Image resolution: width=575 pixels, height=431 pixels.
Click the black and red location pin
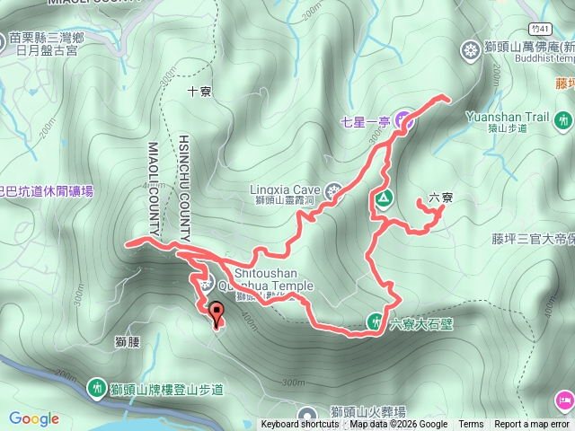point(217,313)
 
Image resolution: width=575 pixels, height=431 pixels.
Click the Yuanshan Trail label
point(508,117)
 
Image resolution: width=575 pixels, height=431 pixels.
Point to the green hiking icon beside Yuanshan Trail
point(563,119)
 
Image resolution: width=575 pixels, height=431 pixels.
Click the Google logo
point(34,418)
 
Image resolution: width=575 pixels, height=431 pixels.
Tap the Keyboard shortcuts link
point(300,425)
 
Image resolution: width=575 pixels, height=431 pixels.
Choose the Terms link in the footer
point(471,425)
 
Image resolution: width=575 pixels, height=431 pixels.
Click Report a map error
point(532,425)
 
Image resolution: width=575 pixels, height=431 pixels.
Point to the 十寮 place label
point(199,92)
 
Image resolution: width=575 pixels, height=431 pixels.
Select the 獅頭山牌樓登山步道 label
point(166,389)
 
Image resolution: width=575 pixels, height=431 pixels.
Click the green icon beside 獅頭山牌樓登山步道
point(96,388)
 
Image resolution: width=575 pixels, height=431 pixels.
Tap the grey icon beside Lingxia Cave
point(334,191)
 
